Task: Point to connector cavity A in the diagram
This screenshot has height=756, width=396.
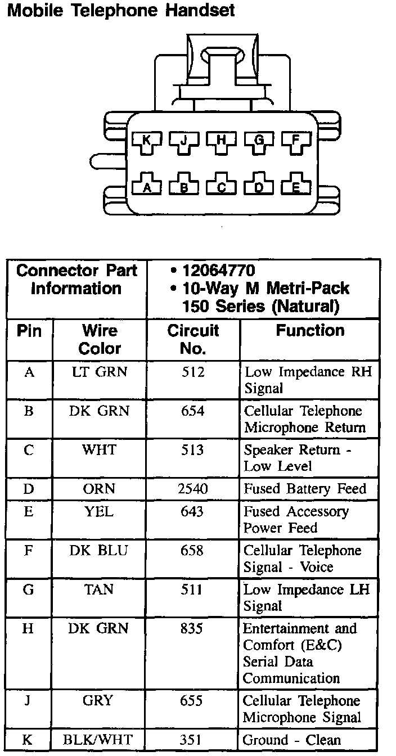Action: (147, 187)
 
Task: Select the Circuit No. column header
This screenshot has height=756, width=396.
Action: (192, 339)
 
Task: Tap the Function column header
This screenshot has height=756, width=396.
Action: (310, 331)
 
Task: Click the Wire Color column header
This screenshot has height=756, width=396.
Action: (100, 339)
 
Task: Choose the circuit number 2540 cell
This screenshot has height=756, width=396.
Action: (192, 489)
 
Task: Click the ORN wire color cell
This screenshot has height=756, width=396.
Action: (99, 489)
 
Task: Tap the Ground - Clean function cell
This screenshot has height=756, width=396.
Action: (292, 740)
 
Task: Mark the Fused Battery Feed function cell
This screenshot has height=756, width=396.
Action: (304, 489)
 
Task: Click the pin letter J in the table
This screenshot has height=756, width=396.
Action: (28, 701)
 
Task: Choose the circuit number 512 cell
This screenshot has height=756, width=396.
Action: (192, 372)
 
